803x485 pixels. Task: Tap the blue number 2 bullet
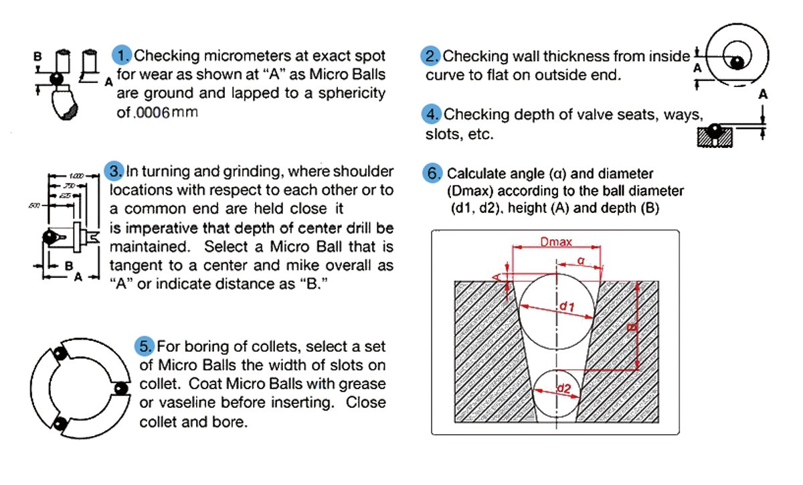click(431, 56)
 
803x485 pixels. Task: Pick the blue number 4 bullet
click(431, 115)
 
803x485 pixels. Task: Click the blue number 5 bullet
click(145, 346)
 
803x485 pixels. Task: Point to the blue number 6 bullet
click(434, 173)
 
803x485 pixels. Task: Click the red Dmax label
click(555, 242)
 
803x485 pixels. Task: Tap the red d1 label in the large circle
click(566, 307)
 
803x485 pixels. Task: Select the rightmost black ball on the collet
click(120, 389)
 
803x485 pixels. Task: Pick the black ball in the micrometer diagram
click(58, 79)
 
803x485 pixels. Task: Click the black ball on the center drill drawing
click(49, 236)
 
